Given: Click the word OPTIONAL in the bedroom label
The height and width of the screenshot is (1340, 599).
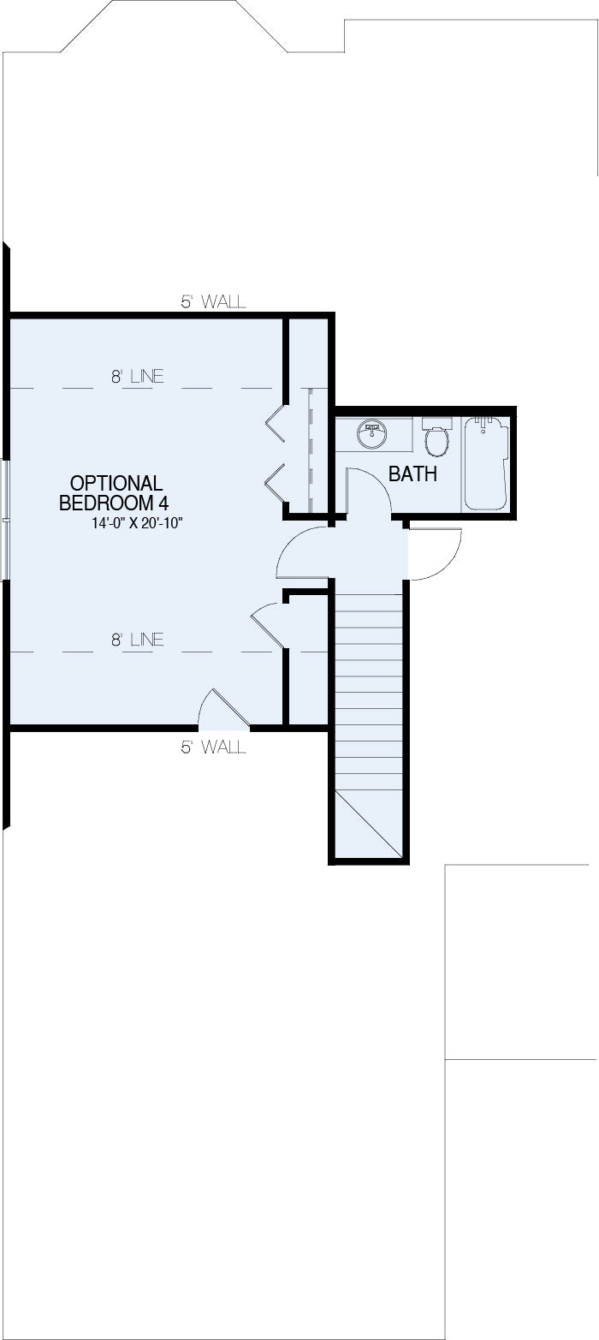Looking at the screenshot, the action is (x=116, y=483).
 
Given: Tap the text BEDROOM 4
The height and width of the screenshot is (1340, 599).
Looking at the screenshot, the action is (x=114, y=503).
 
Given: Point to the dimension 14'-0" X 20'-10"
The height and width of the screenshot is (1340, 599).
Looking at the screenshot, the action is (x=137, y=523).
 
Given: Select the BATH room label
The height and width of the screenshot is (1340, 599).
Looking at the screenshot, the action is (x=412, y=473).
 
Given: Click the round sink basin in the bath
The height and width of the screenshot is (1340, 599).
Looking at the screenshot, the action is (x=371, y=433).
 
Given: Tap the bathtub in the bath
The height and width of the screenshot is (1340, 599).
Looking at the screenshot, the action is (x=487, y=463).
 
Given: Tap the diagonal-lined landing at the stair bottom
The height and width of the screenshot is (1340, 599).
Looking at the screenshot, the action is (x=368, y=825).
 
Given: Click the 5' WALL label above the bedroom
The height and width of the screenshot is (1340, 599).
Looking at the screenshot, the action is (x=213, y=301).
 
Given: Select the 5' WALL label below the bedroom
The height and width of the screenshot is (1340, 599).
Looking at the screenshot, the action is (x=213, y=747).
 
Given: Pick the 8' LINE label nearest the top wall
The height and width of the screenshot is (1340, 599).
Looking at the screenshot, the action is (x=137, y=376).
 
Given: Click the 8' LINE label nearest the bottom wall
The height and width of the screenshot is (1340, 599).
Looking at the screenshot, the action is (x=137, y=640).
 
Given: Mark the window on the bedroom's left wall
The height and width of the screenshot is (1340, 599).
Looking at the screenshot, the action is (x=5, y=520).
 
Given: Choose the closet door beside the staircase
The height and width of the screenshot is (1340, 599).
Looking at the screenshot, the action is (x=268, y=625).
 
